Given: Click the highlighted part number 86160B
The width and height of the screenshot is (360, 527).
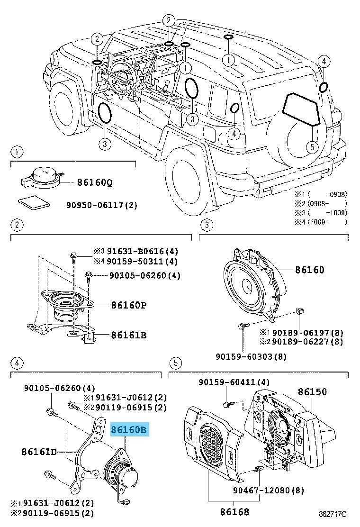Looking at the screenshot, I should point(129,430).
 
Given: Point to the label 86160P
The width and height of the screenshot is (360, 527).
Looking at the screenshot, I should point(128,305).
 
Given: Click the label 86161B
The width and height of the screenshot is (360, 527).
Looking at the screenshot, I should point(128,335).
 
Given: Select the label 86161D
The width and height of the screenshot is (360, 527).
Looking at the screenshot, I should point(39,452).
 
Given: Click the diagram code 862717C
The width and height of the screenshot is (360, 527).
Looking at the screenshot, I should point(333,514).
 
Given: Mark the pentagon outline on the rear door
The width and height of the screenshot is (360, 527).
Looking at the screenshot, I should point(302,109).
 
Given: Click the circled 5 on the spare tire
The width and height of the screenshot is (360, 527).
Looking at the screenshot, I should point(311,147).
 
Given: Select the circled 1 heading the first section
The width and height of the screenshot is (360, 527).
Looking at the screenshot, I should point(16,152).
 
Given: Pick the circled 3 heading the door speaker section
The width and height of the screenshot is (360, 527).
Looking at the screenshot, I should point(207,224).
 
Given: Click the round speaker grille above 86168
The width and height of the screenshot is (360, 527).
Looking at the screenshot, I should point(212,448).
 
